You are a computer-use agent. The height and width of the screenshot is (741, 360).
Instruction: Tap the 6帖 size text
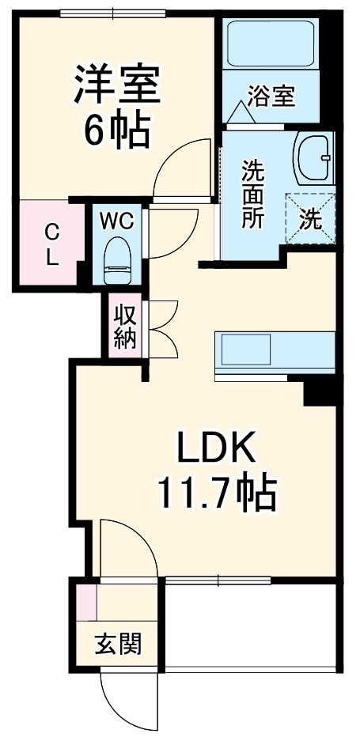pyautogui.click(x=118, y=130)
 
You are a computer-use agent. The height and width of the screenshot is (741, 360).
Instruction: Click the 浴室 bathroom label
pyautogui.click(x=271, y=96)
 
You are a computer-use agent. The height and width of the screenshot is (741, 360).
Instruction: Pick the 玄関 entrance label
pyautogui.click(x=119, y=645)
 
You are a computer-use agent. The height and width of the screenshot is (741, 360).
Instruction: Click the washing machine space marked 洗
pyautogui.click(x=311, y=215)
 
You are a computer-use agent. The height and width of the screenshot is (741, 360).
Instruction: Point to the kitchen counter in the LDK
pyautogui.click(x=274, y=349)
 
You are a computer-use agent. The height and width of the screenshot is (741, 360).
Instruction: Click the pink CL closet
pyautogui.click(x=49, y=245)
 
